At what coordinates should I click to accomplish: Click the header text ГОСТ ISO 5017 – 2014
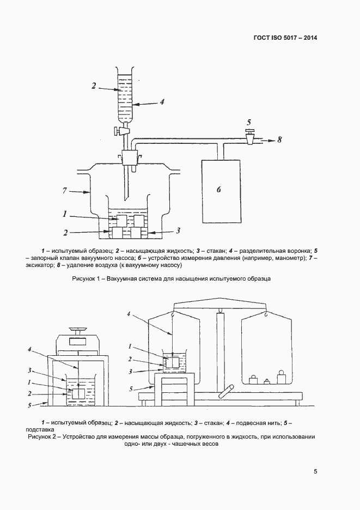[x=285, y=38]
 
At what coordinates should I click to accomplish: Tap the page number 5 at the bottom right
[x=315, y=472]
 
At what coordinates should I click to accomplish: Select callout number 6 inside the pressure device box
[x=218, y=190]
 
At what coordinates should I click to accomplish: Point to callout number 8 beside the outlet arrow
[x=279, y=139]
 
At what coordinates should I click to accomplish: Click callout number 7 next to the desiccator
[x=65, y=191]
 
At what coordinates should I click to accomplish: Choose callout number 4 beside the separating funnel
[x=162, y=101]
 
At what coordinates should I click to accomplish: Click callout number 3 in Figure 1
[x=178, y=230]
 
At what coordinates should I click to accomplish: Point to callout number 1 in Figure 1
[x=65, y=214]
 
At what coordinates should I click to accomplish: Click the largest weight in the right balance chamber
[x=282, y=378]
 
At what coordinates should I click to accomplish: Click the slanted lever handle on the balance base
[x=225, y=391]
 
